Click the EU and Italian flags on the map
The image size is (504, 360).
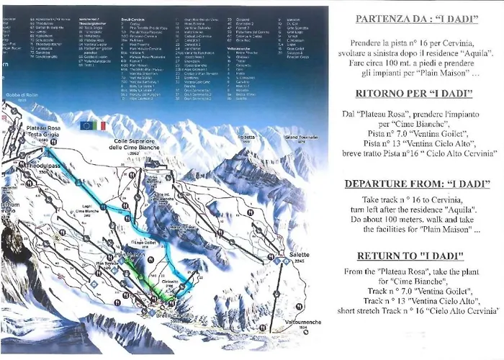[x=93, y=125]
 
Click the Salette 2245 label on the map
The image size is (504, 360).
[x=298, y=258]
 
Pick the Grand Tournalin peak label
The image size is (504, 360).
[x=300, y=137]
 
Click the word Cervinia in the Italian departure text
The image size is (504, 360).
[x=464, y=45]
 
